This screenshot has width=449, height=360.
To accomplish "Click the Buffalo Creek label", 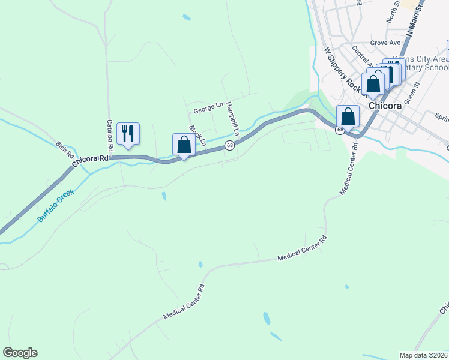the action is [55, 206].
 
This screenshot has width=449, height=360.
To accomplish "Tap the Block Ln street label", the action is [197, 136].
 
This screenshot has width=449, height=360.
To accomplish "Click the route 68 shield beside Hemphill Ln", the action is [229, 146].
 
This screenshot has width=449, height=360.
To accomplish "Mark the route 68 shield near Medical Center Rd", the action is [340, 130].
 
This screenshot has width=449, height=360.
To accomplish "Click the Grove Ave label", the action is [385, 43].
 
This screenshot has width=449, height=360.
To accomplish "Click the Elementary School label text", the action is [420, 67].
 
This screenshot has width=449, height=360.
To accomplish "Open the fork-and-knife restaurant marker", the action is [127, 133].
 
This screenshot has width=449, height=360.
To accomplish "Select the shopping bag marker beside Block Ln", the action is [184, 146].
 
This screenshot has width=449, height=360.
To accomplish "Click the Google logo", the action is [20, 353].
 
